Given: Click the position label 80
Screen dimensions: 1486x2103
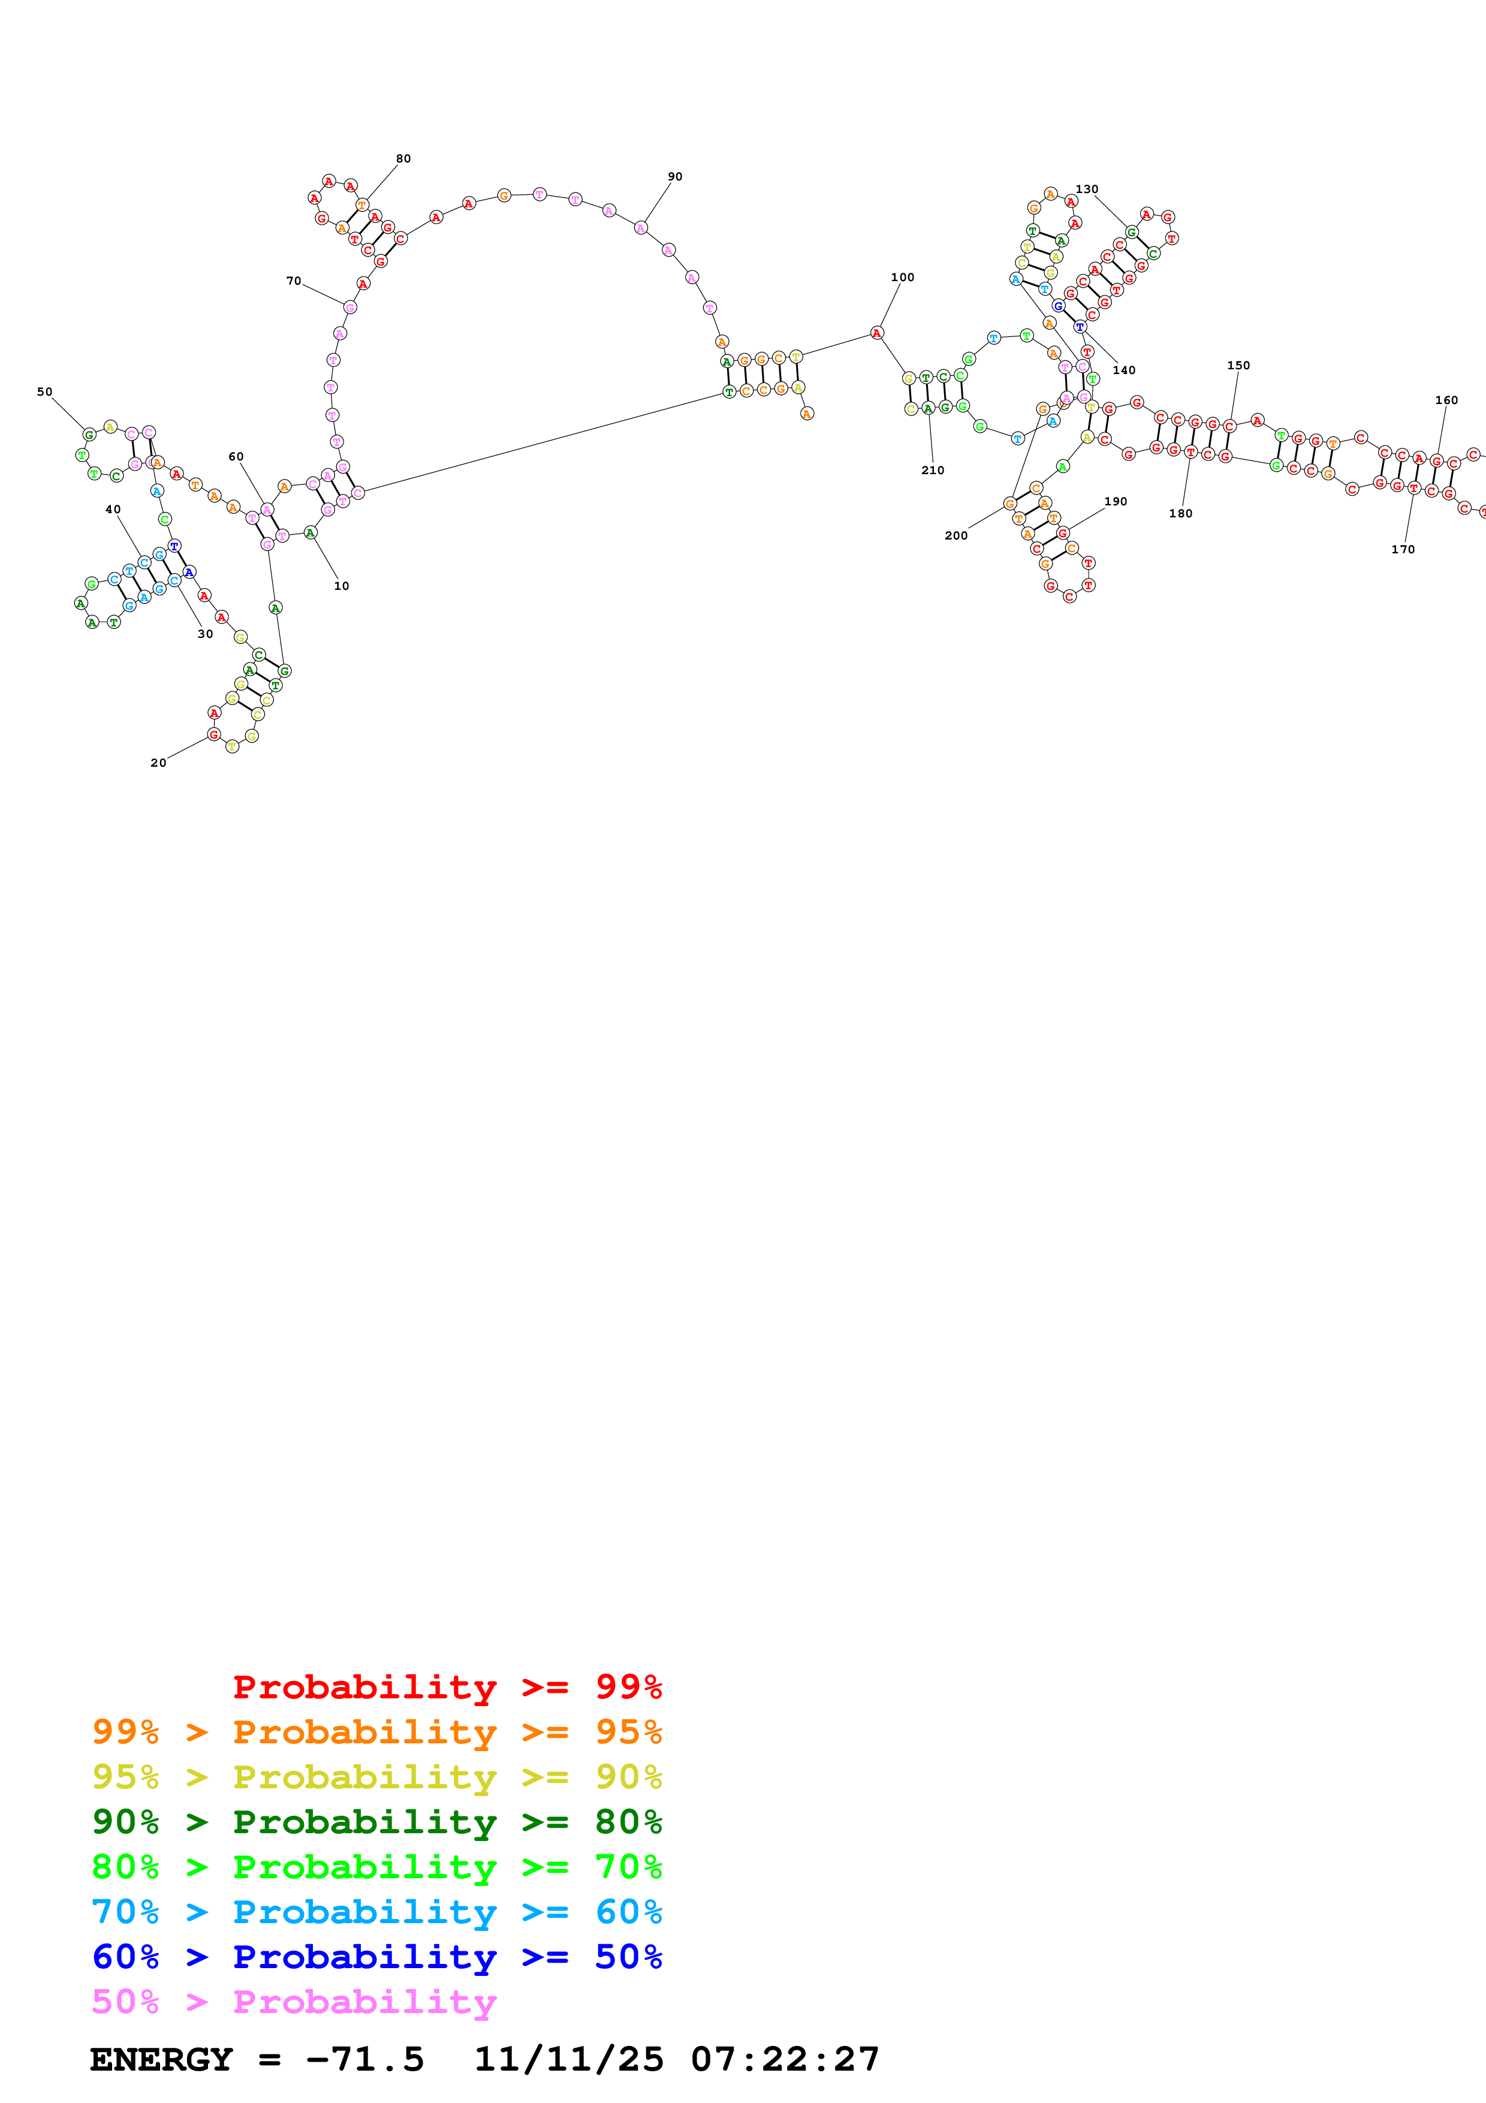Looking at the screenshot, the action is (x=403, y=158).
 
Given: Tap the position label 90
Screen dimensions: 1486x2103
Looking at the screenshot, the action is (x=675, y=177).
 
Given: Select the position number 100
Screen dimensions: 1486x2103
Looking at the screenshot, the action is (x=902, y=278).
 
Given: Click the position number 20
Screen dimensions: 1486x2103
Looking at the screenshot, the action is (x=158, y=763).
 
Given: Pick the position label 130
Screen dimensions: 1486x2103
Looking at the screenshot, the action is (x=1087, y=189).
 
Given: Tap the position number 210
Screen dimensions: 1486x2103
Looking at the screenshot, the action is (x=932, y=471).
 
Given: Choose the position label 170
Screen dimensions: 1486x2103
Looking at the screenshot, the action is (x=1403, y=550).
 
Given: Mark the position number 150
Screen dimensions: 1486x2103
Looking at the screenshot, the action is (x=1238, y=366).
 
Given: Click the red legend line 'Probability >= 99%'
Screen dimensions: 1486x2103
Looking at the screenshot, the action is (x=447, y=1687).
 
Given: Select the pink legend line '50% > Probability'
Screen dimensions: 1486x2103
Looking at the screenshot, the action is (x=293, y=2002).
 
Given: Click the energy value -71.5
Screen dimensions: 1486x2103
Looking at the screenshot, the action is (x=364, y=2060).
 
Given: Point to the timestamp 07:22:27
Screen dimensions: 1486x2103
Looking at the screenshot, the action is (x=785, y=2060).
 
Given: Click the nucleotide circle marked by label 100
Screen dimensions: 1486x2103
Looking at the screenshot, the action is (x=877, y=333).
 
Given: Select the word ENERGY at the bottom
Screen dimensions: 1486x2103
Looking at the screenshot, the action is (x=161, y=2060).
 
